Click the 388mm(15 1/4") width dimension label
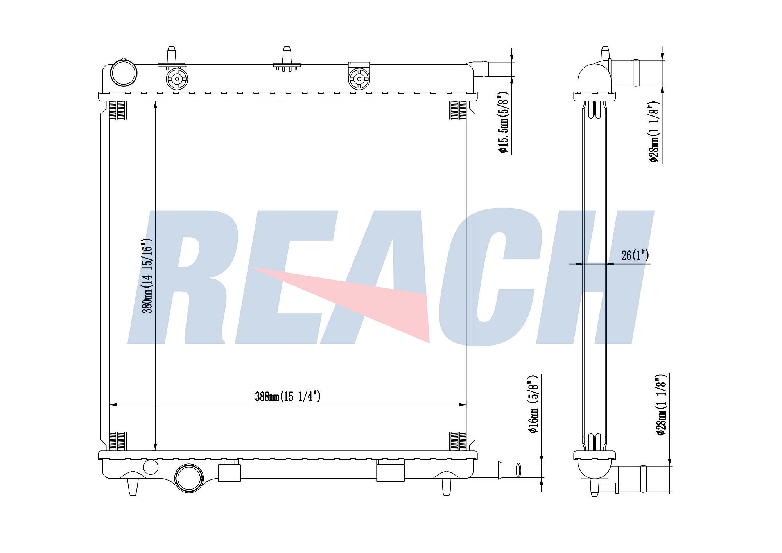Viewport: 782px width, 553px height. click(x=288, y=396)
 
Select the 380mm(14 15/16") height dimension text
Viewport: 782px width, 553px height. click(x=147, y=276)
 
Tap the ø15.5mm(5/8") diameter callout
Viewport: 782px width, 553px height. click(x=503, y=122)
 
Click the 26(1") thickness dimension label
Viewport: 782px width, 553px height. click(x=635, y=256)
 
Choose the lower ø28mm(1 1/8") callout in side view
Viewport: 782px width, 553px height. click(x=662, y=405)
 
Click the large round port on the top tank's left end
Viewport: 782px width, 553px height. click(x=124, y=73)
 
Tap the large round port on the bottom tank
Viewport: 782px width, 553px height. click(x=189, y=478)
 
